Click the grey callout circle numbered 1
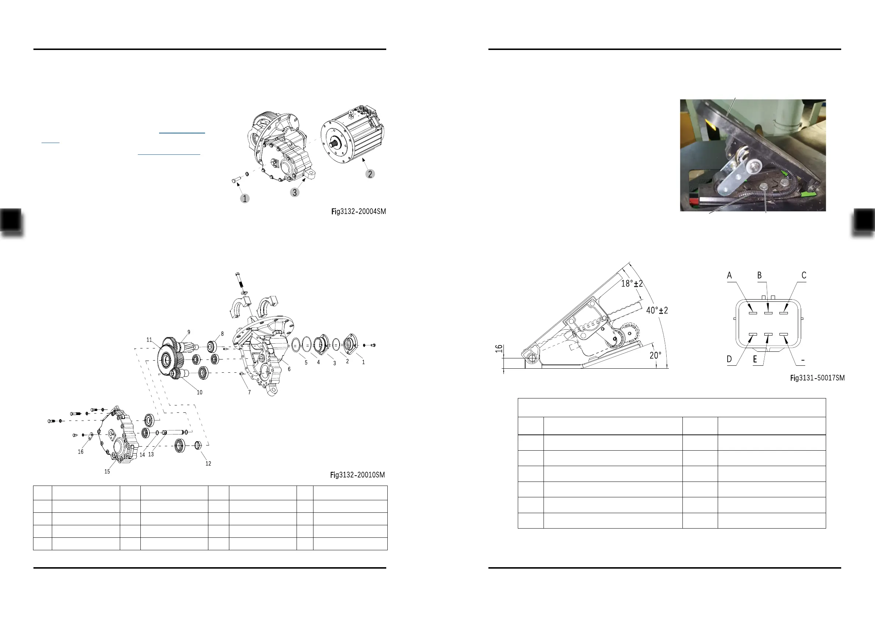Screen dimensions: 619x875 coord(245,198)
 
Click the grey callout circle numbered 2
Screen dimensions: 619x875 coord(370,174)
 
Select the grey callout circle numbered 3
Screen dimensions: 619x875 coord(295,193)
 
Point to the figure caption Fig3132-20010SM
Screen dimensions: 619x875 coord(358,475)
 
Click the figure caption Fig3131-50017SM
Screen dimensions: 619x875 coord(817,378)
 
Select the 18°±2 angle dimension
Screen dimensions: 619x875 coord(632,283)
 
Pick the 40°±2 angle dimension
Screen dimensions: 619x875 coord(657,310)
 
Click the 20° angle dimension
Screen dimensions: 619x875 coord(655,355)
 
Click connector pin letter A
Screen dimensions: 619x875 coord(729,275)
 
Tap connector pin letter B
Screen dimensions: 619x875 coord(759,275)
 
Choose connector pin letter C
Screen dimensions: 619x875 coord(804,275)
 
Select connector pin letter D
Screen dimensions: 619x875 coord(729,359)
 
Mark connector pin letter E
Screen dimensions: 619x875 coord(754,359)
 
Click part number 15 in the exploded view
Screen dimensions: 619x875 coord(107,472)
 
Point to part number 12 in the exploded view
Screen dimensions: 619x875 coord(208,464)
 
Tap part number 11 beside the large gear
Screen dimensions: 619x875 coord(149,340)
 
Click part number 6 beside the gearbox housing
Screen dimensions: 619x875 coord(289,369)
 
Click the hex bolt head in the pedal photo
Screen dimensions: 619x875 coord(764,186)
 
